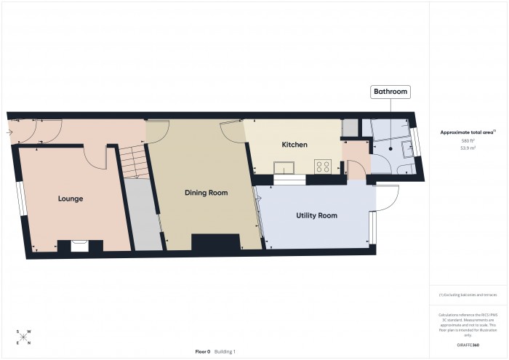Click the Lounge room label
click(71, 199)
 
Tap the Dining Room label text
click(207, 193)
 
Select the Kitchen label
click(294, 145)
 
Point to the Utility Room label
click(316, 216)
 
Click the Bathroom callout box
click(390, 92)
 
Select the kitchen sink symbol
click(283, 168)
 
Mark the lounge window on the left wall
click(22, 198)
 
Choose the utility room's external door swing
click(386, 197)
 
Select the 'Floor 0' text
click(203, 351)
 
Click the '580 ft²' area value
click(468, 140)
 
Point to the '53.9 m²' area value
click(468, 147)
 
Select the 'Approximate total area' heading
click(466, 132)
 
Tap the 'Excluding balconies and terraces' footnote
click(468, 295)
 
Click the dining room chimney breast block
click(215, 242)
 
